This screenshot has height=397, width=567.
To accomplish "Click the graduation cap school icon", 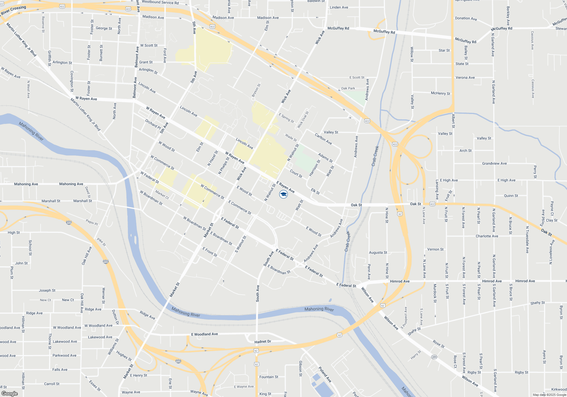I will (283, 194).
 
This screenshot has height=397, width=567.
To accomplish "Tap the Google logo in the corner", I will (10, 393).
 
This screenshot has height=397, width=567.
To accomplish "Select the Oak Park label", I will (348, 88).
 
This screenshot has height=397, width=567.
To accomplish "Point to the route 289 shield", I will (434, 357).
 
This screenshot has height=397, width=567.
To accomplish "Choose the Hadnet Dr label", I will (263, 342).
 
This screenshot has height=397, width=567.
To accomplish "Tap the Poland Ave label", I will (325, 374).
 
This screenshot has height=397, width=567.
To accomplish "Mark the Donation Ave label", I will (466, 18).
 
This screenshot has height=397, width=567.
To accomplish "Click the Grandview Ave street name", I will (494, 163).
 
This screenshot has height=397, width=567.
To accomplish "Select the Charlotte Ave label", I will (487, 236).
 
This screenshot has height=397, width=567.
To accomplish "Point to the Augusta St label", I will (378, 252).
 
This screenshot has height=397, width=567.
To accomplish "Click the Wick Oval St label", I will (303, 120).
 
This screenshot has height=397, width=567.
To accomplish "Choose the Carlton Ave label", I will (323, 139).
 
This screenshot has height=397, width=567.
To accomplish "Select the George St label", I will (104, 28).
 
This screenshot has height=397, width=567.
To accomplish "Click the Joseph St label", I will (47, 290).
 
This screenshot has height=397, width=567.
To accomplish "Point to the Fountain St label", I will (269, 377).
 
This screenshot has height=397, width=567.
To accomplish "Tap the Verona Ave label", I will (465, 77).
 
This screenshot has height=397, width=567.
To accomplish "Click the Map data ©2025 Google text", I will (549, 395).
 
